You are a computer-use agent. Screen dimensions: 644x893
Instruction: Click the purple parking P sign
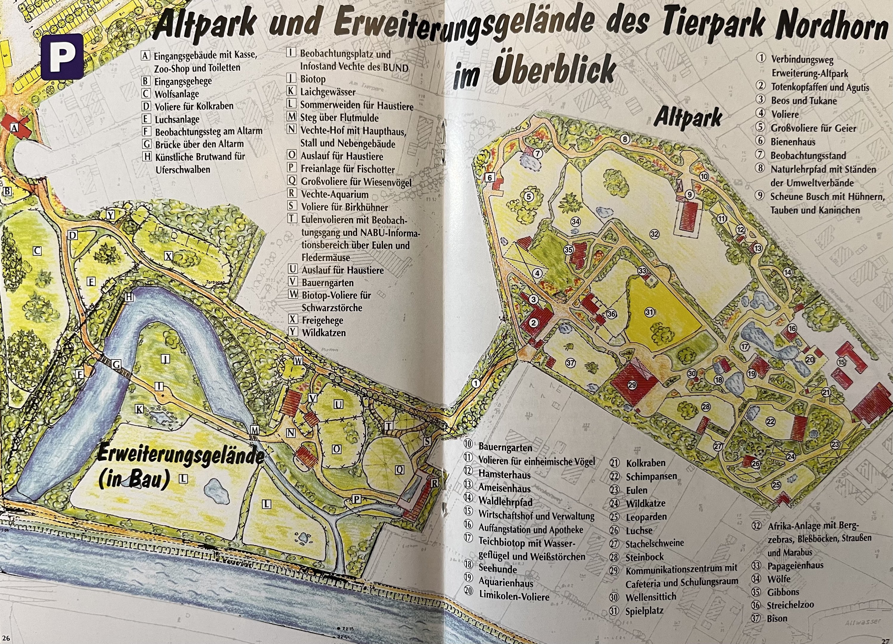(x=61, y=57)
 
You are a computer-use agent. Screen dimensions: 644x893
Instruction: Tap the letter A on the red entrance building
(x=15, y=128)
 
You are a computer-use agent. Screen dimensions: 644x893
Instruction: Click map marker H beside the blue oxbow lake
(x=129, y=298)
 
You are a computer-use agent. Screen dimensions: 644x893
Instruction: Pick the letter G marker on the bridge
(x=117, y=364)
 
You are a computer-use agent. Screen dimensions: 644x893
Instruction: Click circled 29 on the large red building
(x=632, y=385)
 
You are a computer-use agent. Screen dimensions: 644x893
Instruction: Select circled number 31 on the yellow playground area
(x=649, y=312)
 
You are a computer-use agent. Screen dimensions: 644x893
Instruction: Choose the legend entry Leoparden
(x=646, y=517)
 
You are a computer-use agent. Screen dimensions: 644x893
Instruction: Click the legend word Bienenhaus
(x=793, y=142)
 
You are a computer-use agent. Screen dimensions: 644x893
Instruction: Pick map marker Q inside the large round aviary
(x=399, y=469)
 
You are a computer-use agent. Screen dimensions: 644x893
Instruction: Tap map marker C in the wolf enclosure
(x=37, y=251)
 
